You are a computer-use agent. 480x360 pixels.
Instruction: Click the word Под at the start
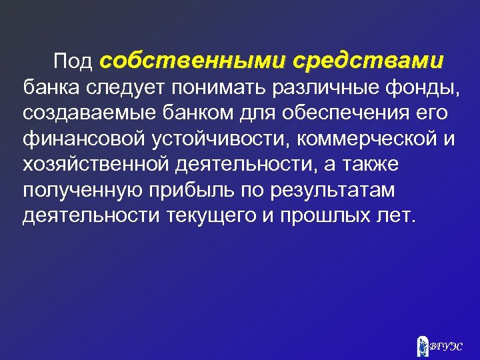click(x=73, y=62)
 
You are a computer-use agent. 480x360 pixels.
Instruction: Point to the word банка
click(x=51, y=87)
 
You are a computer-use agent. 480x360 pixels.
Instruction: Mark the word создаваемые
click(x=91, y=113)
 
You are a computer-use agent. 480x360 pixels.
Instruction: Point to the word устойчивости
click(x=217, y=139)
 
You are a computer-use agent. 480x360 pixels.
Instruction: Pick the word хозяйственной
click(x=96, y=164)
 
